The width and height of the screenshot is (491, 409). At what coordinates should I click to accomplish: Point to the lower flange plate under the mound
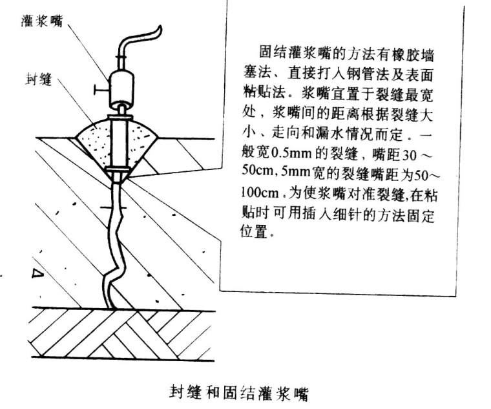[x=119, y=171]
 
